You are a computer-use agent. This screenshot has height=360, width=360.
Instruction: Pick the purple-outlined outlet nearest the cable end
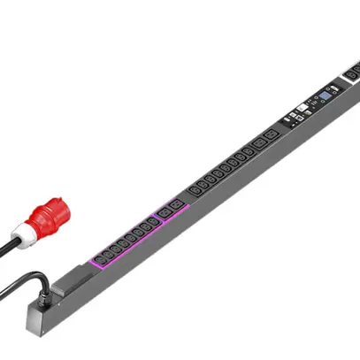101,260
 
